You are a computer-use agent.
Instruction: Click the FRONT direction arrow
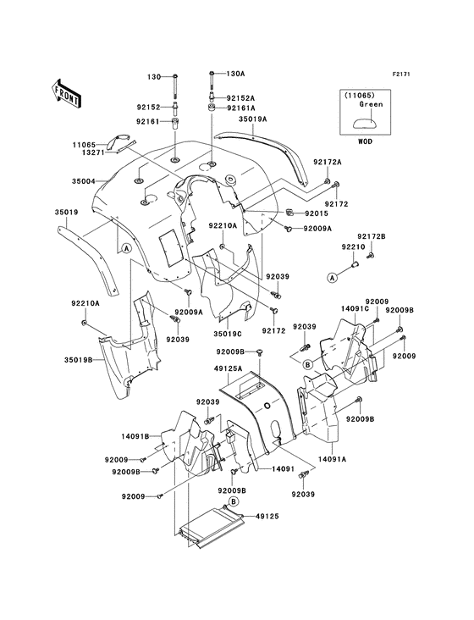click(66, 93)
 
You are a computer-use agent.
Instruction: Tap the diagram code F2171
click(401, 74)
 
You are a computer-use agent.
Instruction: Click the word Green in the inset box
click(371, 104)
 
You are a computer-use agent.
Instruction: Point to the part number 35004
click(83, 181)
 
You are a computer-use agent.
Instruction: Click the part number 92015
click(317, 213)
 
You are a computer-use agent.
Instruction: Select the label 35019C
click(228, 334)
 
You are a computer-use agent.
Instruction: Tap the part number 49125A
click(229, 368)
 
